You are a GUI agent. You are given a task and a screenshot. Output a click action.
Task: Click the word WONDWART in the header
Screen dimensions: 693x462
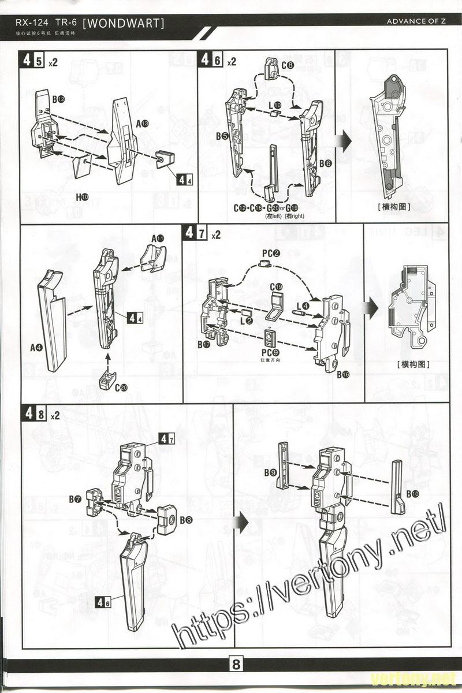(x=124, y=23)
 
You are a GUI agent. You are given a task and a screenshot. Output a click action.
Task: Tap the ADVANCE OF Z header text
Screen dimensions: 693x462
(x=417, y=22)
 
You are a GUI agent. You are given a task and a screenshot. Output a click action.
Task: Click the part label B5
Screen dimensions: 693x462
(x=222, y=136)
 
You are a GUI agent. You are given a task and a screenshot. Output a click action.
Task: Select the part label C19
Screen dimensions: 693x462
(x=276, y=286)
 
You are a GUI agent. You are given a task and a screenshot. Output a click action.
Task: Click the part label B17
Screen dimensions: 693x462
(x=203, y=344)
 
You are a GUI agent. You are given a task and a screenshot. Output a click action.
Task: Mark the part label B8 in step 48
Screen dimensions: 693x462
(x=186, y=520)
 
